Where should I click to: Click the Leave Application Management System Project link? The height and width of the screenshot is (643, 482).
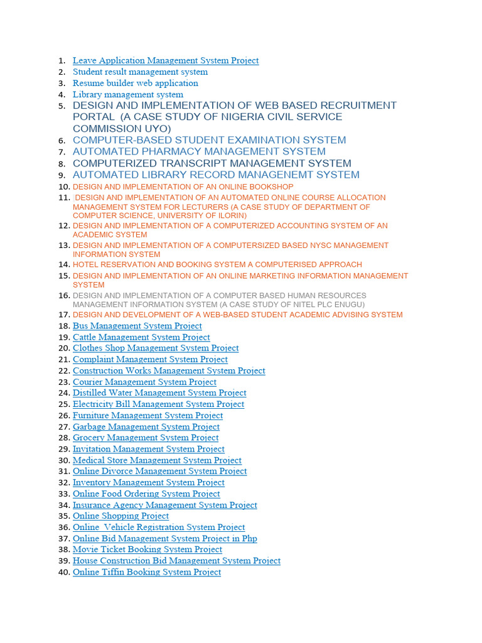(166, 61)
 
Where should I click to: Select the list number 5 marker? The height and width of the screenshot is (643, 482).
(62, 106)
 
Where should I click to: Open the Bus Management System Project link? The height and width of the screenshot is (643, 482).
(137, 326)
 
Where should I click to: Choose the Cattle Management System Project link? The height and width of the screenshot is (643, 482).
(141, 337)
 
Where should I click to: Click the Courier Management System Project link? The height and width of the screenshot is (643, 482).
(144, 382)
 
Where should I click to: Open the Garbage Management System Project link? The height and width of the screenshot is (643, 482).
(146, 427)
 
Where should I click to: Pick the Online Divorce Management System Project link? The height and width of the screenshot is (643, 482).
(159, 472)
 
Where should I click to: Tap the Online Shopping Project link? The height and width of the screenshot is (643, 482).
(120, 516)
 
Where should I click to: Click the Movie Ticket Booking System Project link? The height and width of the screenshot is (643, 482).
(147, 549)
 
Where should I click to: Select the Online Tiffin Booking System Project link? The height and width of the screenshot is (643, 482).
(147, 572)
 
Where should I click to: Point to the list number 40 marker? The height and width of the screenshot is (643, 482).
(63, 573)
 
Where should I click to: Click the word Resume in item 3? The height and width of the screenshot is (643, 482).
(87, 84)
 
